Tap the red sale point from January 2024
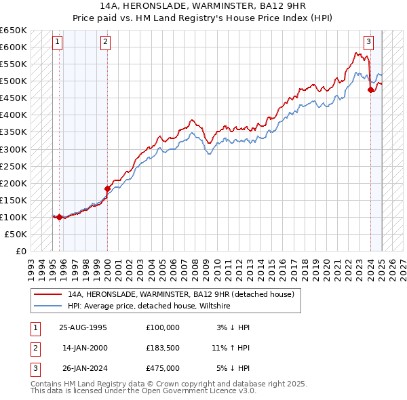tap(370, 89)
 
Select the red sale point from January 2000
tap(107, 188)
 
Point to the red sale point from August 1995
tap(59, 217)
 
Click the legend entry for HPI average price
tap(149, 306)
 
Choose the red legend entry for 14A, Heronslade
tap(180, 295)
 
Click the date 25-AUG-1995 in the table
tap(83, 327)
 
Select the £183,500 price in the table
tap(162, 348)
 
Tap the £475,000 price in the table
tap(162, 368)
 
